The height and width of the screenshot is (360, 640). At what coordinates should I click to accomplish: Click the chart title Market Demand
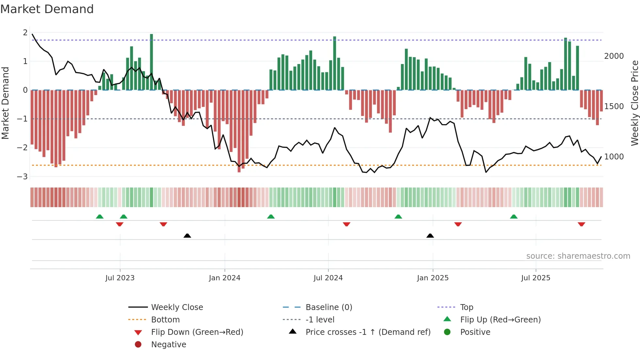47,9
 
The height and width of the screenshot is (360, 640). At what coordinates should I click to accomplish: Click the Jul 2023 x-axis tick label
120,278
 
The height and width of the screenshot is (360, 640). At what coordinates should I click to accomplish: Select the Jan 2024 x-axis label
225,278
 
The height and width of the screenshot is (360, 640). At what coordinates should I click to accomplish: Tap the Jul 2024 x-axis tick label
328,278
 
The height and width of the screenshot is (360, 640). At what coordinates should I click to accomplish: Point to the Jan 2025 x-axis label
433,278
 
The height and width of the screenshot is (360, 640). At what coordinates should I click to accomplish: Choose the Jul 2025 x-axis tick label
536,278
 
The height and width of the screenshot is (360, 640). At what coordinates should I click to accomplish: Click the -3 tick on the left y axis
22,177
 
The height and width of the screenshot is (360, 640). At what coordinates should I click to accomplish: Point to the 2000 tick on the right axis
614,56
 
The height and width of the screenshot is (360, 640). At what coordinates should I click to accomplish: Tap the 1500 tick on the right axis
614,106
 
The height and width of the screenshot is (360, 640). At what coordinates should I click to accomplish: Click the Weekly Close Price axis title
634,103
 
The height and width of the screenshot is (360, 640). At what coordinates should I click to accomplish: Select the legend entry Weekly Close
177,307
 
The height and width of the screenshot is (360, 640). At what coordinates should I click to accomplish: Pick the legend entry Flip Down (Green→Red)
197,332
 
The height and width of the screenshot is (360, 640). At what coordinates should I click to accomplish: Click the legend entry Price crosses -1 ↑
368,332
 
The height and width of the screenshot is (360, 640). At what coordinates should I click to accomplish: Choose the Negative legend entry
168,345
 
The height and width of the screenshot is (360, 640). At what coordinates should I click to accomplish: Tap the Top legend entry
467,307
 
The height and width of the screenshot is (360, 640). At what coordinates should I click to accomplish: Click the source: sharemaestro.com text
578,256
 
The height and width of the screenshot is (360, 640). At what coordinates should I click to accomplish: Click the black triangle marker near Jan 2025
430,236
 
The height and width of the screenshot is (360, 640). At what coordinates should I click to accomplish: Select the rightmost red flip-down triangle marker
581,224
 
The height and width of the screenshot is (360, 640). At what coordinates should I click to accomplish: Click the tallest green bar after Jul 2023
152,62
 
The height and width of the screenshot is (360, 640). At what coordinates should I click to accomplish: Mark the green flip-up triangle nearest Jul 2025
514,217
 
